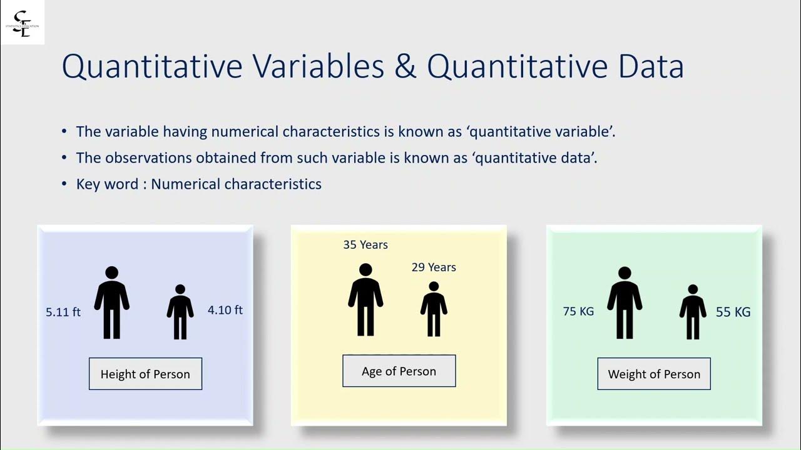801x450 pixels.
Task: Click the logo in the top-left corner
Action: tap(23, 22)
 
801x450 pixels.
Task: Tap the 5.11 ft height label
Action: tap(63, 312)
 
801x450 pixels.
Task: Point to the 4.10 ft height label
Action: tap(225, 310)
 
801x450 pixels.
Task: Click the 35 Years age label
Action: tap(365, 245)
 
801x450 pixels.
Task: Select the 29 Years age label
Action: tap(434, 267)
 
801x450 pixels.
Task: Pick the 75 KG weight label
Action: tap(578, 311)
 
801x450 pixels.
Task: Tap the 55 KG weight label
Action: tap(733, 312)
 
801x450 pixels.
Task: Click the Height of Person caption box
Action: tap(145, 374)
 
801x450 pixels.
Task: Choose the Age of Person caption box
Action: tap(399, 371)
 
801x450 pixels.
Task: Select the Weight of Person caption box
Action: tap(654, 374)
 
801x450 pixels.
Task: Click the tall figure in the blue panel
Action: tap(112, 303)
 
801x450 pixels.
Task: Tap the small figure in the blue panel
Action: tap(180, 312)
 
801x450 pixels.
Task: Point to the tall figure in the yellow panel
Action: tap(365, 300)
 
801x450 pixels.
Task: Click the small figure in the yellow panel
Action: tap(434, 309)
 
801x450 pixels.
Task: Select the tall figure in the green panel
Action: tap(625, 303)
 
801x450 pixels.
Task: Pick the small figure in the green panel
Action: tap(693, 312)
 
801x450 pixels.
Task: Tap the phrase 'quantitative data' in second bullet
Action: tap(536, 158)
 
